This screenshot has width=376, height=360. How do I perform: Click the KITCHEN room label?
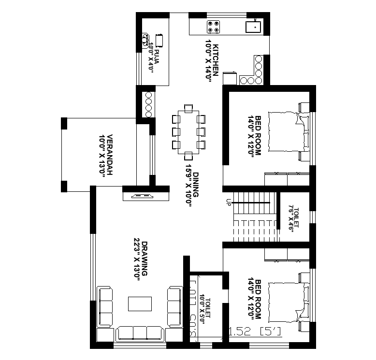(212, 63)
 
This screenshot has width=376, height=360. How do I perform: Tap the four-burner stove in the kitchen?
(214, 27)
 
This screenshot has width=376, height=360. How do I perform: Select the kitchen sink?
(253, 27)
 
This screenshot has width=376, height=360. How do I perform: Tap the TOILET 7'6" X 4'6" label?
(293, 218)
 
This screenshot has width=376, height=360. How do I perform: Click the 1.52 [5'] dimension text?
(255, 332)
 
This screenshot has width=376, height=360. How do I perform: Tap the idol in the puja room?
(145, 40)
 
